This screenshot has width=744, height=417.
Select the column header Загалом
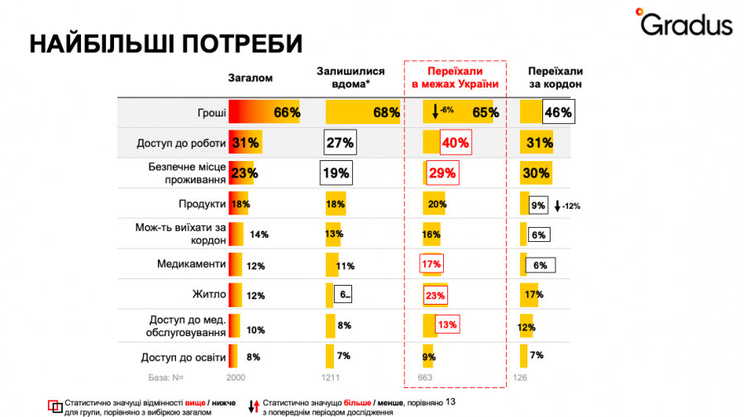tap(250, 78)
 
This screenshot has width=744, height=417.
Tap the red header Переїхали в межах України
tap(455, 78)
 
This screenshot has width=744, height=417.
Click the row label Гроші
tap(207, 113)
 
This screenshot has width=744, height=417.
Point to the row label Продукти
tap(203, 204)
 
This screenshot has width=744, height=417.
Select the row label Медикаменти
tap(192, 265)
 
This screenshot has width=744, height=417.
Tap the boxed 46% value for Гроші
tap(557, 112)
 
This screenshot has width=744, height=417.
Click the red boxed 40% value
tap(455, 143)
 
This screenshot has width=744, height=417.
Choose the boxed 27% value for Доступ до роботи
tap(340, 143)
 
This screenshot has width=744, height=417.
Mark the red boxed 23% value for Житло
tap(436, 295)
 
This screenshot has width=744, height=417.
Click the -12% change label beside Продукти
tap(568, 206)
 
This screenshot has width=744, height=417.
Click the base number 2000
tap(236, 377)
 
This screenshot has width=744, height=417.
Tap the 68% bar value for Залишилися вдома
tap(386, 113)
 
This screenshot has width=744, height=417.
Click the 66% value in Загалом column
tap(286, 113)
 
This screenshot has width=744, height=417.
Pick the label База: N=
tap(165, 377)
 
